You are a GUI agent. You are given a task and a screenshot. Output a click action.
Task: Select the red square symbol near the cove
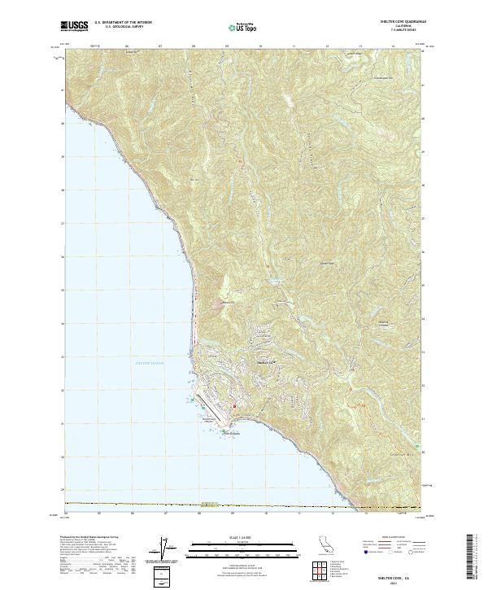(x=235, y=406)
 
